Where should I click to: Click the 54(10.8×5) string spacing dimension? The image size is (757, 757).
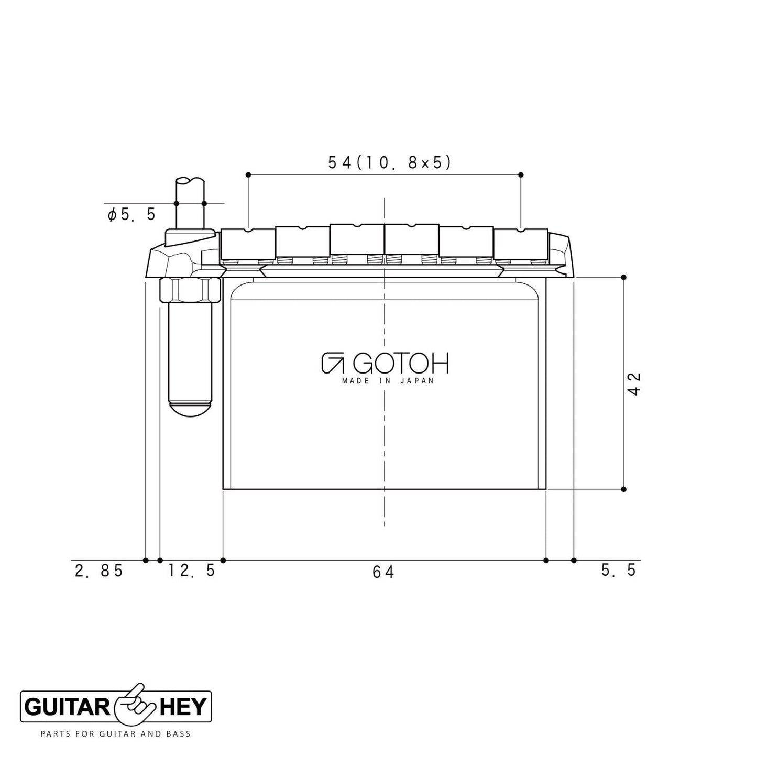[x=389, y=163]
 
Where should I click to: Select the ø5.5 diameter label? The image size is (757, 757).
[x=132, y=214]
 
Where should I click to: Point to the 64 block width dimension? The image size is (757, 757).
[x=383, y=572]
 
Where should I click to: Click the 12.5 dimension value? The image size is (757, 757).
[x=192, y=571]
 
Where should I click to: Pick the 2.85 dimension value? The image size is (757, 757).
[x=99, y=571]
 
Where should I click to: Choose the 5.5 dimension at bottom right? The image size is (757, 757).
[x=619, y=570]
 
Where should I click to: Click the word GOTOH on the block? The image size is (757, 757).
[x=401, y=364]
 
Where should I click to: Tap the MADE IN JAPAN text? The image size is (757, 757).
[x=388, y=381]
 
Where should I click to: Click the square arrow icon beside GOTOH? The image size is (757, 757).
[x=332, y=363]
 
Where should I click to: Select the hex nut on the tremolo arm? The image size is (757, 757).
[x=190, y=290]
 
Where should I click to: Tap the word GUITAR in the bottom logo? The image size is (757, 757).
[x=67, y=708]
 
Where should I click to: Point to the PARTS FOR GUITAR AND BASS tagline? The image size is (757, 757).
[x=115, y=734]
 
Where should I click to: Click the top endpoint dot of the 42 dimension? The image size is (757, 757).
[x=623, y=277]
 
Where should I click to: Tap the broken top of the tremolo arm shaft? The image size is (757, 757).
[x=190, y=181]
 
